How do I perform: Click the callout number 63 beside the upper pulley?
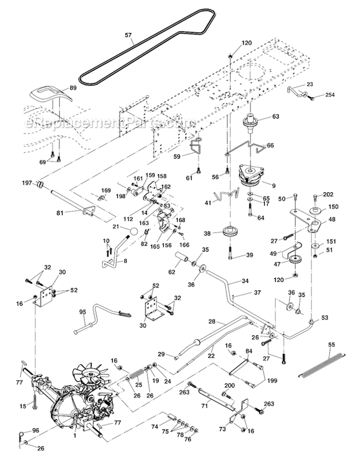(x=275, y=116)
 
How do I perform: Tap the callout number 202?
(x=328, y=195)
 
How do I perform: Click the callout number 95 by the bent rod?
(x=82, y=312)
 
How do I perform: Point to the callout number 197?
(x=26, y=183)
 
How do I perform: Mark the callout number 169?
(x=106, y=190)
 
